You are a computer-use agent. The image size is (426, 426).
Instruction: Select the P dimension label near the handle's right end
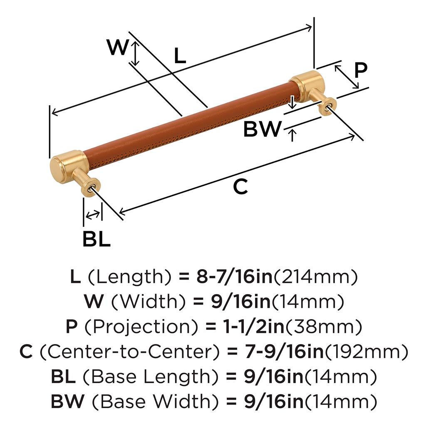pos(360,71)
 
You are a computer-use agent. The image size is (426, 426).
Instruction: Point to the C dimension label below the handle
pos(240,187)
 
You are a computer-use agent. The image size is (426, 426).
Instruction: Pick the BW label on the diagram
pos(262,129)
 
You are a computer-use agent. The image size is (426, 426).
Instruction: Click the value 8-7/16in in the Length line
pos(234,277)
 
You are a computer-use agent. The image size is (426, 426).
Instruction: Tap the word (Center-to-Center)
pos(129,352)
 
